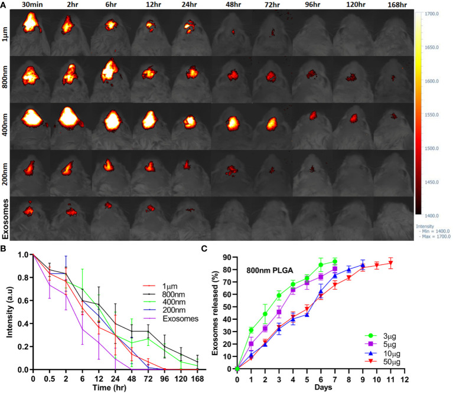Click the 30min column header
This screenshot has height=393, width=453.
32,5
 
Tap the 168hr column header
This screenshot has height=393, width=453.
397,5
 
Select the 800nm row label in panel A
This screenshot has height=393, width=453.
5,78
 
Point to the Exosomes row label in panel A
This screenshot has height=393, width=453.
5,219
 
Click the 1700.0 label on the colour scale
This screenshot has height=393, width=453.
432,14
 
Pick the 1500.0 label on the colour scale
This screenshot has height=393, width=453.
432,148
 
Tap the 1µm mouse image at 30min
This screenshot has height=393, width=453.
30,32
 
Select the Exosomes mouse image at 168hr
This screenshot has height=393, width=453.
393,218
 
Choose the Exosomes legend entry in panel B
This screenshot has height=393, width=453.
171,319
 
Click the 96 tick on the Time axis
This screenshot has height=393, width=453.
164,379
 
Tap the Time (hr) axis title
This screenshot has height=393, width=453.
109,388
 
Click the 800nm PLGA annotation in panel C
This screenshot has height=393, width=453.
270,270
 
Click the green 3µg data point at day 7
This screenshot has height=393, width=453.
335,261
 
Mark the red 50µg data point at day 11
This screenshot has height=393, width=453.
390,263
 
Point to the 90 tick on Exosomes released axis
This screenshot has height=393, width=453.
227,257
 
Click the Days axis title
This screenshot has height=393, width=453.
323,387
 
